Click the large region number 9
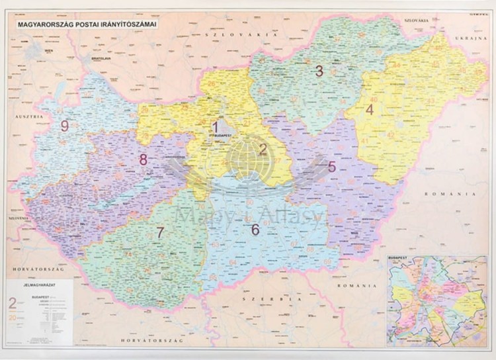pyautogui.click(x=64, y=126)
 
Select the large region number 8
pyautogui.click(x=143, y=159)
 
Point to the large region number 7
pyautogui.click(x=160, y=232)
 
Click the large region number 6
pyautogui.click(x=255, y=230)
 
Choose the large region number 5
pyautogui.click(x=331, y=167)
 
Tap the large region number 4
pyautogui.click(x=369, y=110)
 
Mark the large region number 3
pyautogui.click(x=319, y=71)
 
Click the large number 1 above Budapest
pyautogui.click(x=214, y=126)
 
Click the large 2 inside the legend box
pyautogui.click(x=12, y=304)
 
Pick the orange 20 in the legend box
pyautogui.click(x=12, y=318)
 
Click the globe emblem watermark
pyautogui.click(x=249, y=158)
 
